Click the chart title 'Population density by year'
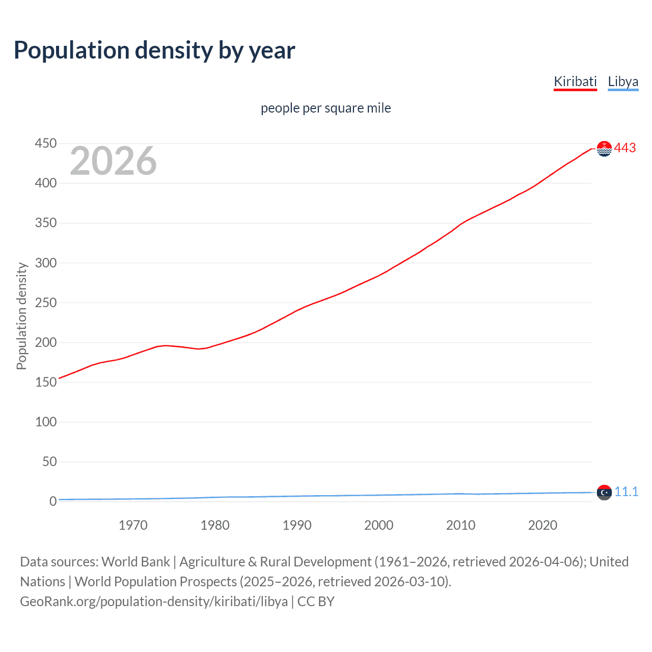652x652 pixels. (x=154, y=50)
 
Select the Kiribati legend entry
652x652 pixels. (x=575, y=81)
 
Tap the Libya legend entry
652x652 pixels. (x=623, y=81)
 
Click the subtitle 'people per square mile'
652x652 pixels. (x=325, y=108)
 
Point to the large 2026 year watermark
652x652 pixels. (x=113, y=161)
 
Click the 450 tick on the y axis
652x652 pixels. (x=45, y=144)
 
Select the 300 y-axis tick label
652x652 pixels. (x=45, y=263)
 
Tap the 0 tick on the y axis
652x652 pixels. (x=52, y=501)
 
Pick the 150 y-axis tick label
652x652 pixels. (x=45, y=382)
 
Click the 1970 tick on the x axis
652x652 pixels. (x=133, y=525)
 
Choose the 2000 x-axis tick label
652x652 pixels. (x=378, y=525)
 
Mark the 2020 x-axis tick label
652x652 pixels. (x=542, y=525)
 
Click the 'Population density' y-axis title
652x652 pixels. (x=21, y=316)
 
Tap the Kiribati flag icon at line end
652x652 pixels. (x=604, y=149)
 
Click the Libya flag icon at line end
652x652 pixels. (x=604, y=493)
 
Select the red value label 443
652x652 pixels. (x=625, y=148)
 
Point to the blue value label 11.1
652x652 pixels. (x=626, y=492)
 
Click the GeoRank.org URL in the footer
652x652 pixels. (x=154, y=602)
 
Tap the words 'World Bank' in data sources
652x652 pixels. (x=135, y=562)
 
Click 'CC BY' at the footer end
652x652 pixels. (x=316, y=602)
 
